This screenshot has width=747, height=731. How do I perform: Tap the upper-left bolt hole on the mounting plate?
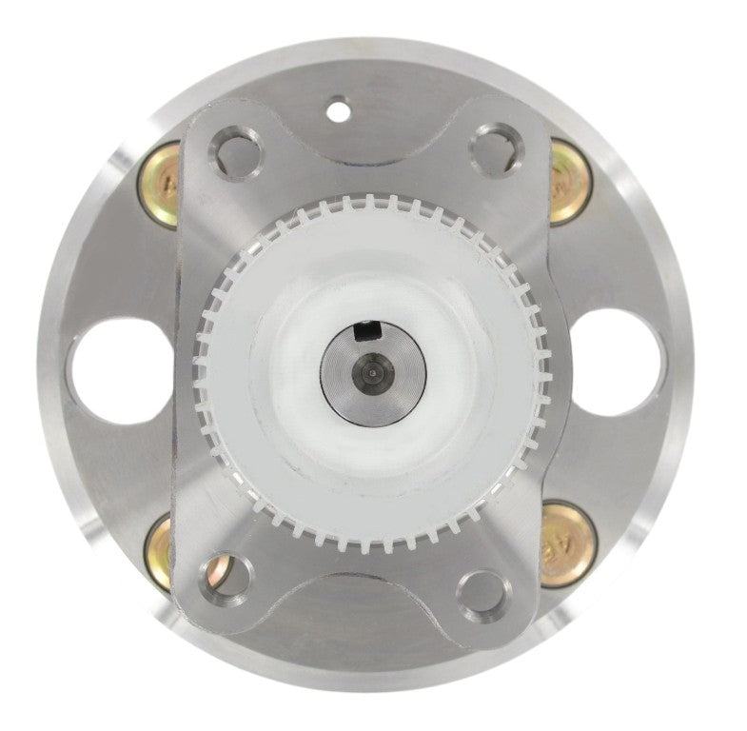233,152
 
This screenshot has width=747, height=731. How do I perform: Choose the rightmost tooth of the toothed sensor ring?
542,371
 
